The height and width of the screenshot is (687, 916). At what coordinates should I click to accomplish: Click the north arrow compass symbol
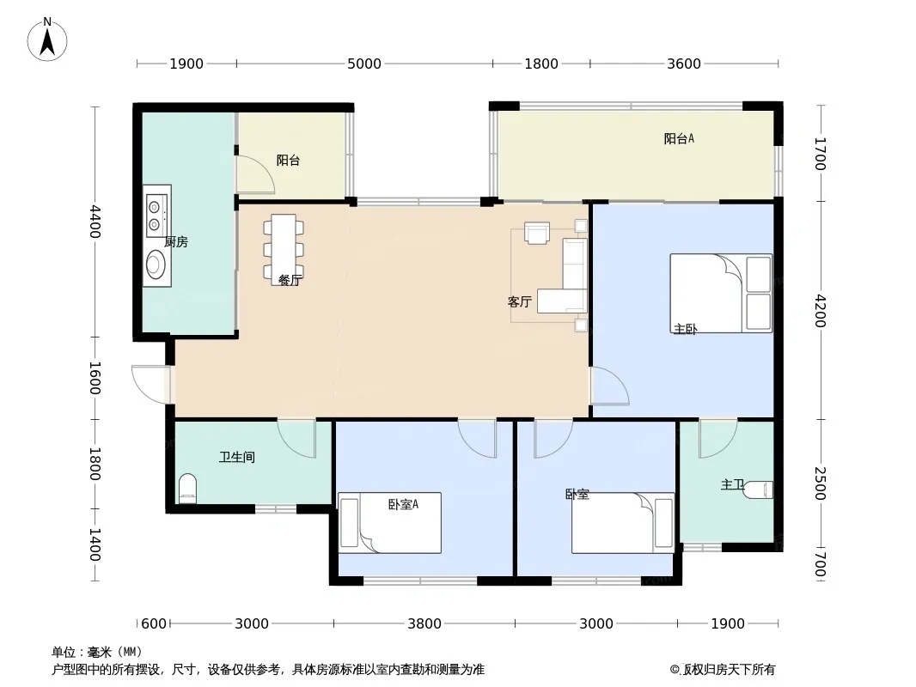tap(47, 40)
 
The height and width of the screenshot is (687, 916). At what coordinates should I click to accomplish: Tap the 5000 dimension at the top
tap(364, 64)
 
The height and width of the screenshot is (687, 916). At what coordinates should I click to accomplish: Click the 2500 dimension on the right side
tap(821, 483)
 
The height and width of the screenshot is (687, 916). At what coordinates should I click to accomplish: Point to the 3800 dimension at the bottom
tap(424, 623)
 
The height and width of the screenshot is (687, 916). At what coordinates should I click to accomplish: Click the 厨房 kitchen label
tap(176, 241)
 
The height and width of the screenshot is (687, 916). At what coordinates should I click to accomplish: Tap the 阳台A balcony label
tap(679, 138)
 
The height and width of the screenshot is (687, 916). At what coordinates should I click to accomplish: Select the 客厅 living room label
tap(519, 301)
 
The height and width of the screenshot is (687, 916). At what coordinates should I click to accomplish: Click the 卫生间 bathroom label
tap(237, 457)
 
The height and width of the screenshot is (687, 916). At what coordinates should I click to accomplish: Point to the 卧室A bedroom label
tap(403, 504)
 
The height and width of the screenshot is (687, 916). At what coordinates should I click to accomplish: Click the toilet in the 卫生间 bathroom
tap(187, 488)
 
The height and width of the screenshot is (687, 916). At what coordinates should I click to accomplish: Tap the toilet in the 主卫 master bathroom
tap(758, 489)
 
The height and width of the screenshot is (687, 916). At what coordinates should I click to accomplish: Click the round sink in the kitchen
tap(156, 264)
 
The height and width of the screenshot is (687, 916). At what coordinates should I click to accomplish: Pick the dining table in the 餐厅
tap(284, 249)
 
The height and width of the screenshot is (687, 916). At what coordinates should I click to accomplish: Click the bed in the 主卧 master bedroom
tap(721, 293)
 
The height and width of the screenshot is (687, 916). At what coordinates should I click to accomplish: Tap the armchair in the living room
tap(537, 233)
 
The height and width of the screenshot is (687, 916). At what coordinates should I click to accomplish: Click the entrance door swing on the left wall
tap(150, 384)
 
